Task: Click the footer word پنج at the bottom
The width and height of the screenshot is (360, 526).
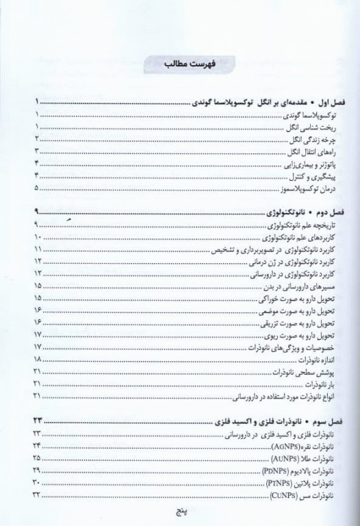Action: pyautogui.click(x=179, y=512)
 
